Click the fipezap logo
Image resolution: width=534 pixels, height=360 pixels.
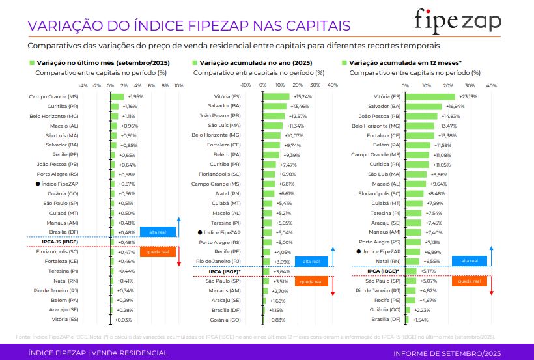coord(458,22)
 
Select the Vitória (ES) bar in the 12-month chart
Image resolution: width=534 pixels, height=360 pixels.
coord(430,96)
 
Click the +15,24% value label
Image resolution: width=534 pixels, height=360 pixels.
coord(303,96)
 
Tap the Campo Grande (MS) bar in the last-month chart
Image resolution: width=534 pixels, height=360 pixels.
coord(117,96)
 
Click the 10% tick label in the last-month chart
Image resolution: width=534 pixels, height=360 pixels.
coord(178,85)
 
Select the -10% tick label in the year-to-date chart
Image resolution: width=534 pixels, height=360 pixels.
coord(245,85)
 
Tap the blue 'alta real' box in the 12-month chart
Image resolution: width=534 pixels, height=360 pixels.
coord(470,261)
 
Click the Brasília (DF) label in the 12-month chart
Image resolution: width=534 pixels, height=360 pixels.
coord(386,320)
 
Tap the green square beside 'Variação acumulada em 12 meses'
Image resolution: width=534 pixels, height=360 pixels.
coord(344,62)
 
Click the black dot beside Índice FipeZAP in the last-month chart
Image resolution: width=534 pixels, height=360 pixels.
coord(38,184)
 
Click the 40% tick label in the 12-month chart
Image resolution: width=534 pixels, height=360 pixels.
coord(491,85)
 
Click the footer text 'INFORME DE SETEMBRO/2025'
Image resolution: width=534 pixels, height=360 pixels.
coord(447,353)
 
